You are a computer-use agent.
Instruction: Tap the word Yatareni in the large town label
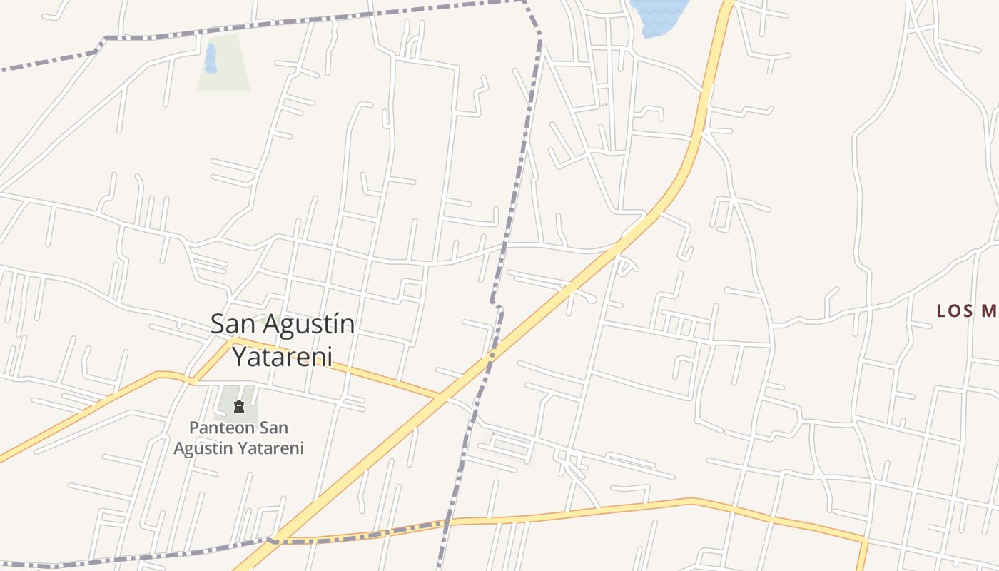tap(283, 356)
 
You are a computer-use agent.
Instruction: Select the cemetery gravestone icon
tap(238, 407)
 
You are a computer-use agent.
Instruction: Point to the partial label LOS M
tap(965, 311)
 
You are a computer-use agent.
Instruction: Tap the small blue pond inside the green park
tap(210, 59)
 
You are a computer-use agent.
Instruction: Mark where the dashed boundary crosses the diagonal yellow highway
tap(490, 354)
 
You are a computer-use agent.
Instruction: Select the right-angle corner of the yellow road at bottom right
tap(866, 541)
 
